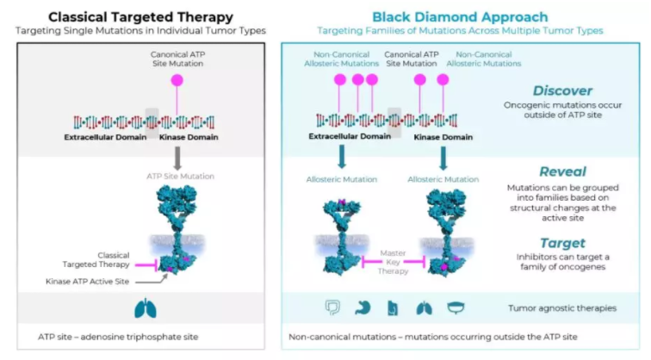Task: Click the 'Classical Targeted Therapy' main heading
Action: click(x=140, y=16)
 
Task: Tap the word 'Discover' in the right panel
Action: click(x=562, y=90)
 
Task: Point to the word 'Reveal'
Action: click(x=562, y=171)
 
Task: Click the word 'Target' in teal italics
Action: click(x=562, y=243)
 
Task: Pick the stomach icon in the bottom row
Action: click(x=363, y=307)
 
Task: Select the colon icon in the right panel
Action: click(x=332, y=307)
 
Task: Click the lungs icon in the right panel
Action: click(x=424, y=307)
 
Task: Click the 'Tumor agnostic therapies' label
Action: click(x=562, y=307)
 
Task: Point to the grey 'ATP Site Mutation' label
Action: click(x=179, y=177)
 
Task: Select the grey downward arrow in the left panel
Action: click(x=178, y=157)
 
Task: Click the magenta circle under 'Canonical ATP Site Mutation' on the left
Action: click(x=178, y=79)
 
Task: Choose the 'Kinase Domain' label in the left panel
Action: click(x=189, y=136)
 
